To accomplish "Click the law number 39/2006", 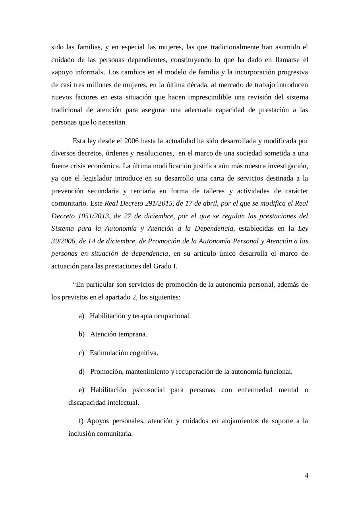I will pos(63,241).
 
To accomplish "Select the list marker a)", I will pos(81,316).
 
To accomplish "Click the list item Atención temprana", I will pos(118,334).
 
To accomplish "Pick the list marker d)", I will pos(81,372).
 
